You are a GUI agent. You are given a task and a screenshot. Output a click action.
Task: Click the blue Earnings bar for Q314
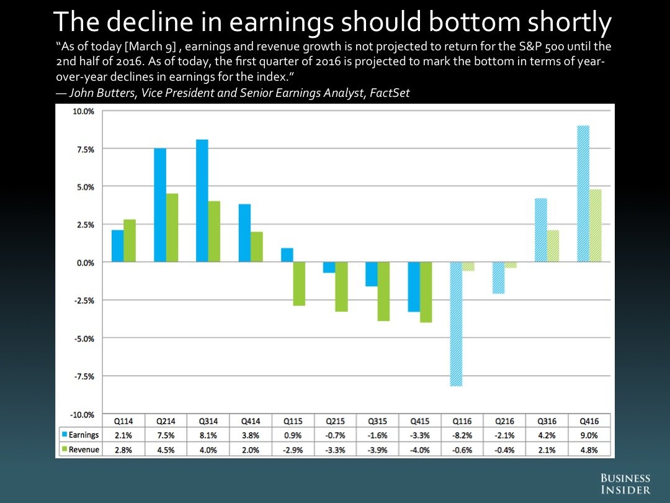(x=202, y=201)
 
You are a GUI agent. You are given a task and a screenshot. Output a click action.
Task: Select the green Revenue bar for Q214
(x=172, y=228)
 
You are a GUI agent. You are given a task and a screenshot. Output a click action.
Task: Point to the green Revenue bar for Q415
(x=426, y=292)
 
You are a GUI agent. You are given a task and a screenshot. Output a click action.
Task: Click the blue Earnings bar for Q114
(x=117, y=246)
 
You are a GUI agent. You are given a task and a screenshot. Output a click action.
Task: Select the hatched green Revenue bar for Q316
(x=553, y=246)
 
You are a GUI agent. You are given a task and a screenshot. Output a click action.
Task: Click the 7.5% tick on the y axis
(x=84, y=149)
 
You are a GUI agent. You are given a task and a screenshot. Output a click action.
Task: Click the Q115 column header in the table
(x=293, y=420)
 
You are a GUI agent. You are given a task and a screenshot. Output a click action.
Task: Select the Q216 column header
(x=505, y=420)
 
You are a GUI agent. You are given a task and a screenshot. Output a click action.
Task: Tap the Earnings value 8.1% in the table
(x=208, y=435)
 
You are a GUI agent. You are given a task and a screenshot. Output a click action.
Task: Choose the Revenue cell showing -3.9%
(x=378, y=450)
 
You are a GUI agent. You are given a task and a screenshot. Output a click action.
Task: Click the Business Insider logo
(x=625, y=484)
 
